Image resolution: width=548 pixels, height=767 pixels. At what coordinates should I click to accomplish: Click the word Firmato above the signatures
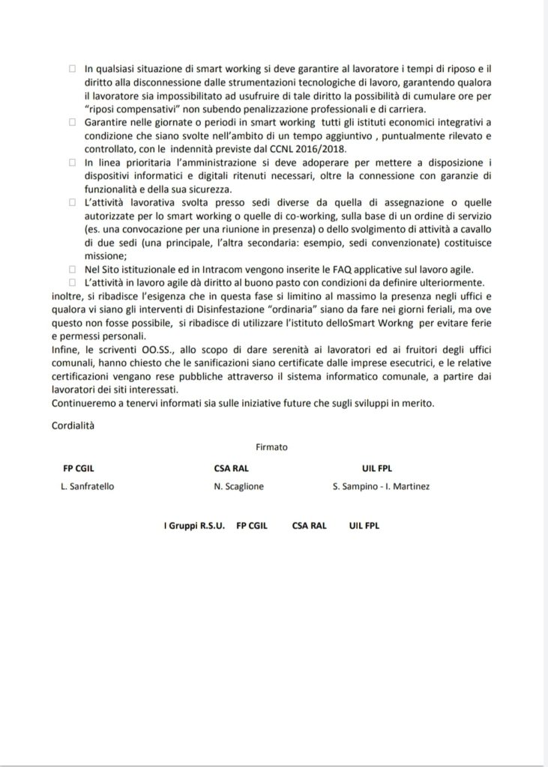(x=271, y=446)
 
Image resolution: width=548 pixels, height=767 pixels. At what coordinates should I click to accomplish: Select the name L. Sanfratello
(x=88, y=485)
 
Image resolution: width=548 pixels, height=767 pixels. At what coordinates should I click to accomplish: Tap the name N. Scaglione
(x=239, y=485)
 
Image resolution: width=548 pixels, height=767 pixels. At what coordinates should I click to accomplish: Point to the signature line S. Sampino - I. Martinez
(x=381, y=485)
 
